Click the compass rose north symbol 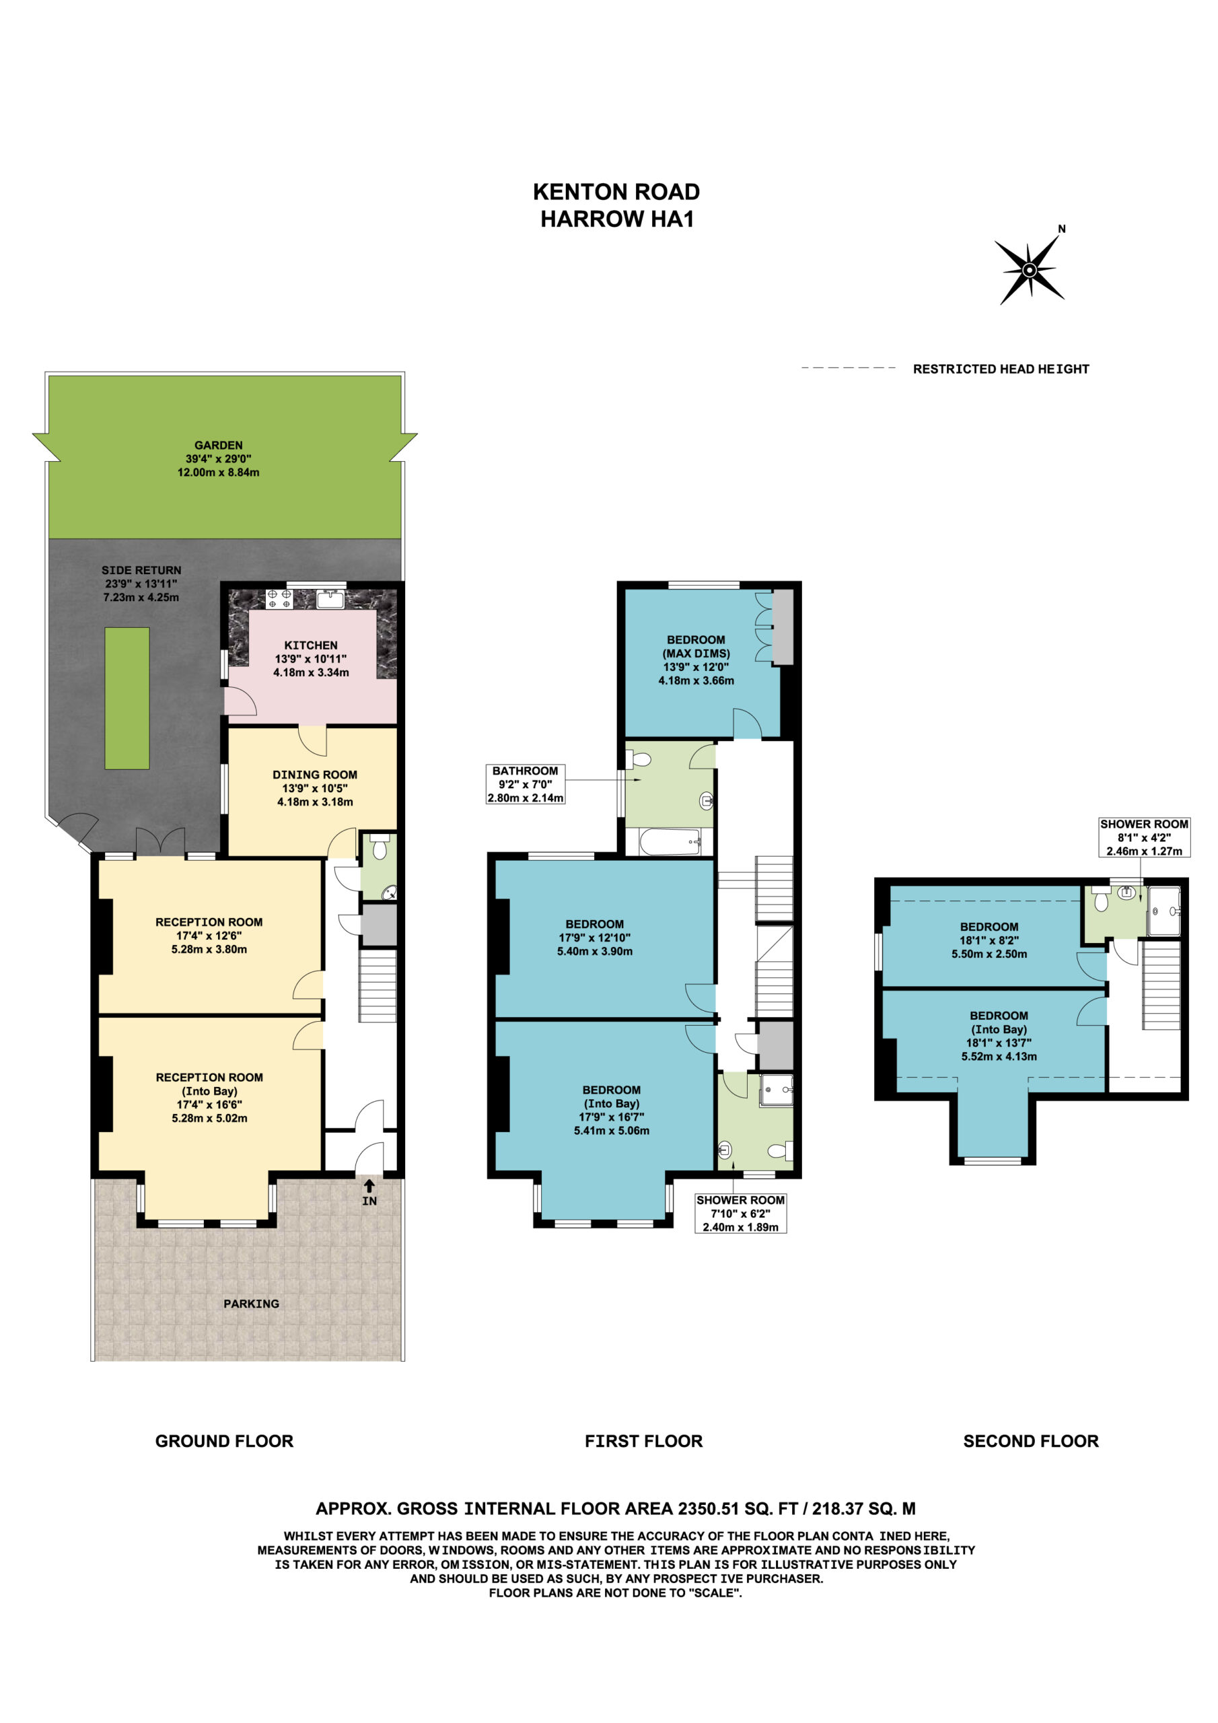[x=1030, y=269]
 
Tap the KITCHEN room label [x=311, y=645]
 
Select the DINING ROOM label [x=314, y=775]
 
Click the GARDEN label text [x=219, y=445]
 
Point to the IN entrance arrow [x=369, y=1187]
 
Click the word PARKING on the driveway [x=252, y=1304]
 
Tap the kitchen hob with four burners [x=280, y=598]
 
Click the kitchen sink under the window [x=330, y=598]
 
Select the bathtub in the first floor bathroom [x=670, y=842]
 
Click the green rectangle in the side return [x=127, y=698]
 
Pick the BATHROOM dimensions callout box [x=526, y=784]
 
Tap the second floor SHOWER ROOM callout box [x=1144, y=837]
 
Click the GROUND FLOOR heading [x=224, y=1441]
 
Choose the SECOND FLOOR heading [x=1030, y=1441]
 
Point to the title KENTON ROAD [x=616, y=192]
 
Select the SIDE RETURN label [x=141, y=570]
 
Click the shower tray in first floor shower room [x=776, y=1090]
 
